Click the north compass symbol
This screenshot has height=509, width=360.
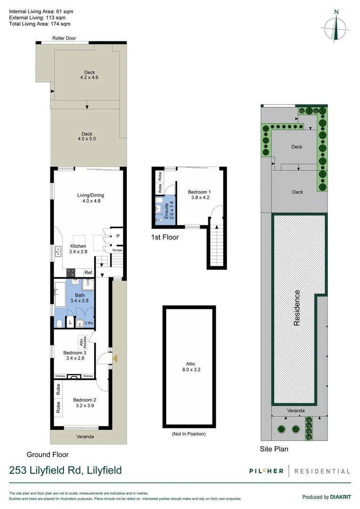click(x=335, y=26)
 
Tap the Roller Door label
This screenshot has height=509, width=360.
click(x=64, y=38)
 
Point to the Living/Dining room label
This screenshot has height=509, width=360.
click(x=90, y=195)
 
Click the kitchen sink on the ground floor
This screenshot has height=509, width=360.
click(x=58, y=251)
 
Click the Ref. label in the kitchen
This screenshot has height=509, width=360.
click(x=88, y=273)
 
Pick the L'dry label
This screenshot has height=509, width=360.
click(x=89, y=323)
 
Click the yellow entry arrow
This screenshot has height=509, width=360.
click(x=115, y=359)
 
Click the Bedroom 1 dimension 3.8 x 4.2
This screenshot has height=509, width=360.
click(x=199, y=197)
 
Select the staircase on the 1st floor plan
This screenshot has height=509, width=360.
click(x=217, y=246)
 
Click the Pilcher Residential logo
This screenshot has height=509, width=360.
click(x=300, y=471)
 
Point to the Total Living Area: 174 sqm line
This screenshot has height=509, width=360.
click(x=40, y=24)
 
